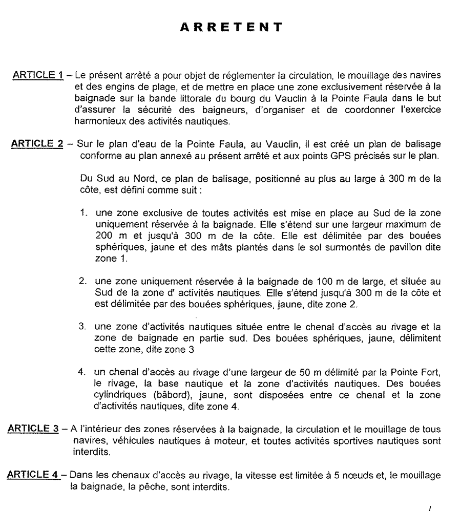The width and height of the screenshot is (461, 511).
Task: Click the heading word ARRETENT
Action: (x=232, y=27)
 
